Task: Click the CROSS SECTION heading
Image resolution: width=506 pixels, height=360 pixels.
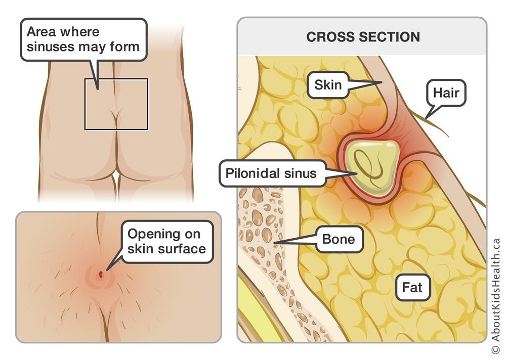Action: (x=363, y=37)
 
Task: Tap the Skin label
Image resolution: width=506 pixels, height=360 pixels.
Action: (x=328, y=85)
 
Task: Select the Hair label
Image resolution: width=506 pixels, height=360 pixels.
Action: (x=446, y=93)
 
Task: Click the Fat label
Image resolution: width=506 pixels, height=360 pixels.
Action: (x=412, y=288)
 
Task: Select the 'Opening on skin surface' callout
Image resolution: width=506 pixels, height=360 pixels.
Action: (x=166, y=241)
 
